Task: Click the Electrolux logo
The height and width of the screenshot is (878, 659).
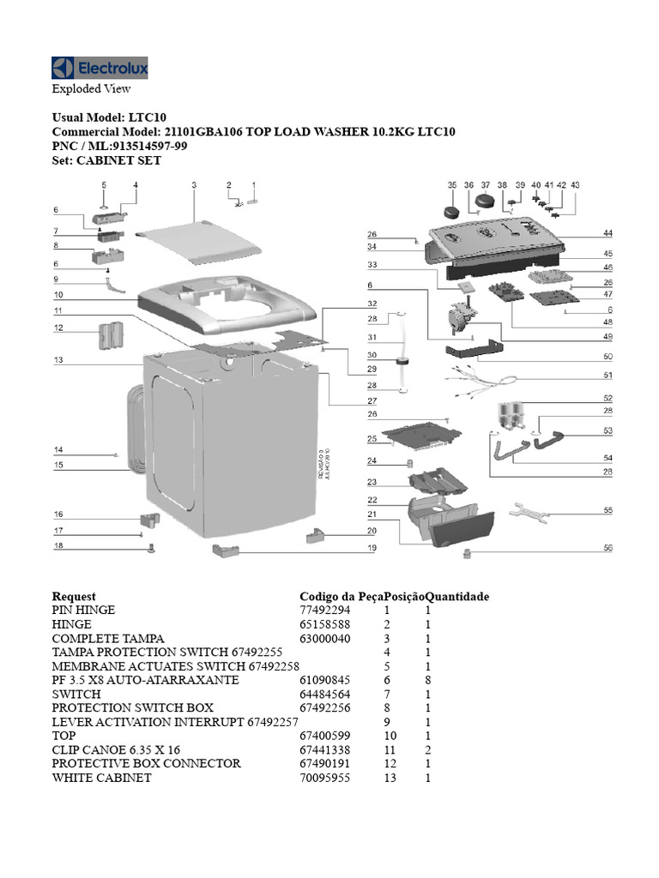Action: click(x=100, y=68)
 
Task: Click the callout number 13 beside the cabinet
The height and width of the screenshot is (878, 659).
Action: click(x=57, y=360)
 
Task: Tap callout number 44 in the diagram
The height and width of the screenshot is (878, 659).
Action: click(x=608, y=233)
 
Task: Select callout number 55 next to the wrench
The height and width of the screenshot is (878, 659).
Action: click(x=608, y=510)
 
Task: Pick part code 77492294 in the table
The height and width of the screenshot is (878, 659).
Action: click(x=325, y=610)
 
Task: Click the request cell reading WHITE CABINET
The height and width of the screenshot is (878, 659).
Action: click(x=101, y=778)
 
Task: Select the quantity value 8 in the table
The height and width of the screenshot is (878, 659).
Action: click(x=426, y=680)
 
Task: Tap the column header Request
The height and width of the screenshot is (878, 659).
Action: click(x=74, y=596)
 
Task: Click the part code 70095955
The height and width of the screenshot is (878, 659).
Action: click(x=325, y=778)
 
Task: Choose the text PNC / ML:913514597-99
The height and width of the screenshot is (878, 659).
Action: click(x=120, y=147)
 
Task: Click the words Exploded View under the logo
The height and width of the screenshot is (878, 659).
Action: click(x=91, y=88)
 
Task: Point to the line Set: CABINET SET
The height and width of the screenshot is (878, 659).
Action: click(x=106, y=160)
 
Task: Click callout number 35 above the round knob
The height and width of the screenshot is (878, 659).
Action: click(x=452, y=185)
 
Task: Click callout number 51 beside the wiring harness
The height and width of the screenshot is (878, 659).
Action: click(x=608, y=375)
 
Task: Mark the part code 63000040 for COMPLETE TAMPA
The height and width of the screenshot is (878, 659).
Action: click(x=325, y=638)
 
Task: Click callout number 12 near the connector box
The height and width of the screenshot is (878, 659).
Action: click(x=57, y=328)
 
